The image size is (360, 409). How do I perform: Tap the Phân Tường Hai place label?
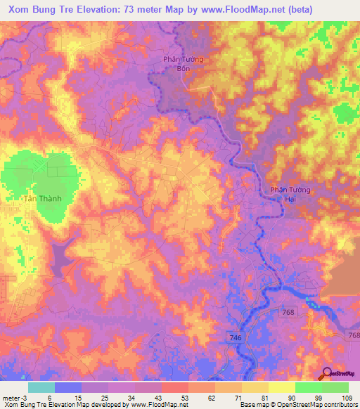pyautogui.click(x=290, y=195)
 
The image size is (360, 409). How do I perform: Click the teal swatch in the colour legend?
pyautogui.click(x=41, y=387)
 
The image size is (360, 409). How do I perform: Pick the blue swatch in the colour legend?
pyautogui.click(x=68, y=387)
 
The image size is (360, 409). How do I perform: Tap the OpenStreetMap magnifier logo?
pyautogui.click(x=327, y=374)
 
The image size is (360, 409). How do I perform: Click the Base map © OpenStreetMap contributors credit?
pyautogui.click(x=297, y=404)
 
